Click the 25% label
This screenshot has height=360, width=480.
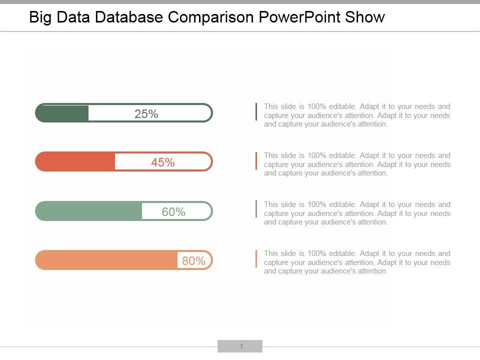coord(146,114)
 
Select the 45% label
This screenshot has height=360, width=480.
coord(163,162)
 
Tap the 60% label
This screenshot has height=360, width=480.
coord(173,212)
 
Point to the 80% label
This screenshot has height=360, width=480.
coord(193,261)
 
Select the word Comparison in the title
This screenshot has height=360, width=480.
coord(211,17)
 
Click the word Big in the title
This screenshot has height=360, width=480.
coord(40,17)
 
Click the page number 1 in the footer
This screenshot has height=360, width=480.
coord(241,346)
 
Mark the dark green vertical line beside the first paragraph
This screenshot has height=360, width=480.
coord(256,111)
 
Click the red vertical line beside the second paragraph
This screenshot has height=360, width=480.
coord(256,160)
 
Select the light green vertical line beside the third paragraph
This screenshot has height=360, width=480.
coord(256,209)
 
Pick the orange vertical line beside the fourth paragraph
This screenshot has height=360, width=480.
coord(256,258)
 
